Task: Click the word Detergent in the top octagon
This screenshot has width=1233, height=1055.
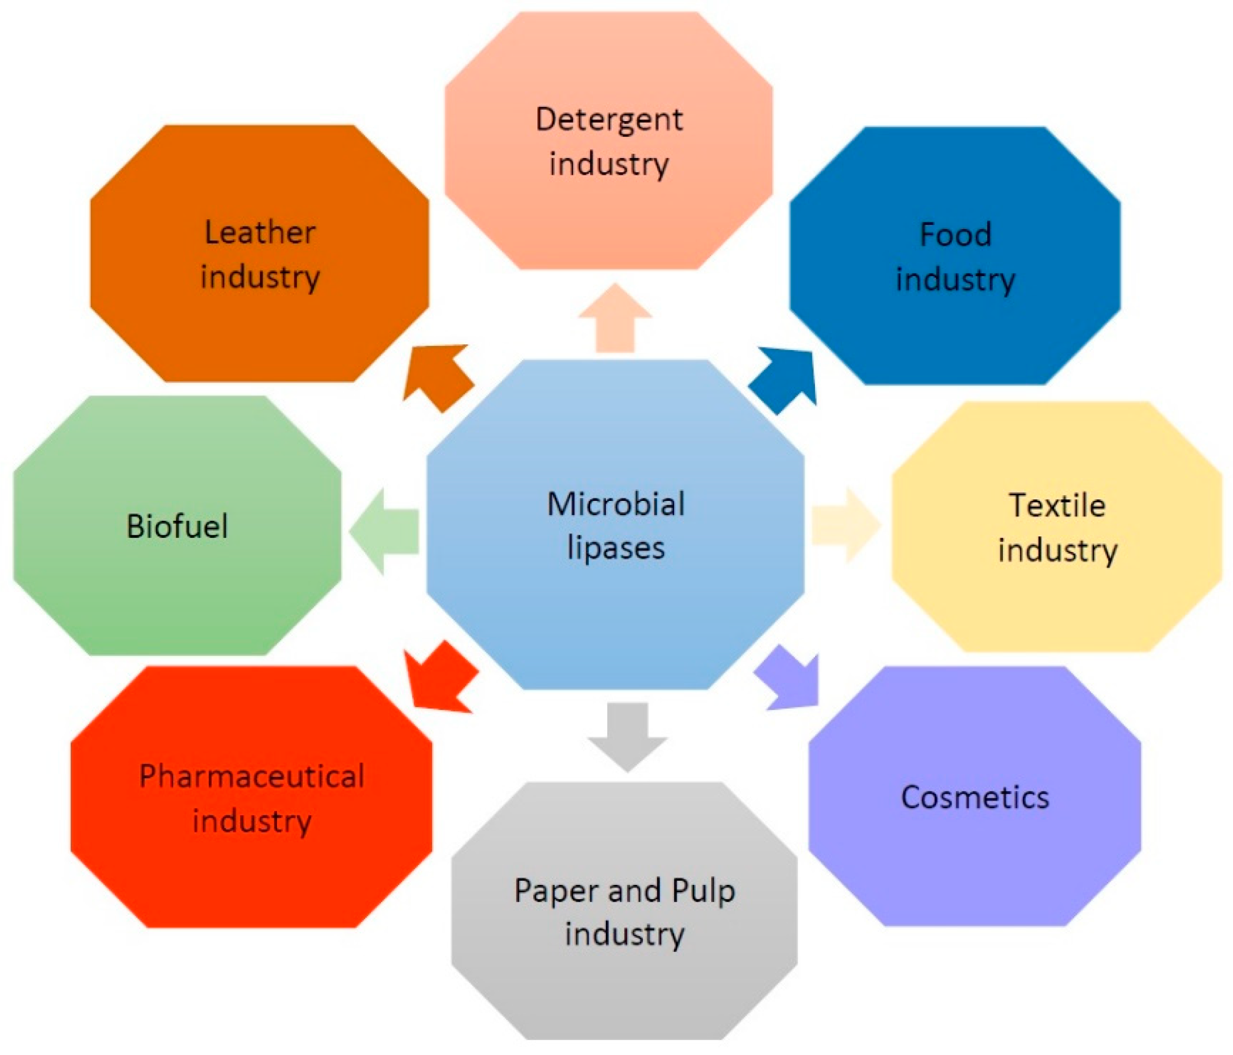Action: [609, 119]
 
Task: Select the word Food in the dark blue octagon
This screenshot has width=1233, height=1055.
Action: [956, 234]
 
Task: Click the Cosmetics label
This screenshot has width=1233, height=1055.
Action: [975, 797]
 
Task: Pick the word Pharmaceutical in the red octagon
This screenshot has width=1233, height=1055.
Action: [252, 776]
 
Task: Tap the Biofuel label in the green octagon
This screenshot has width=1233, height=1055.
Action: [177, 526]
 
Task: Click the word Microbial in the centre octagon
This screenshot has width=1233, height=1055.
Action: [616, 504]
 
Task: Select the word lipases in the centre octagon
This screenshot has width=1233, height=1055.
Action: [616, 547]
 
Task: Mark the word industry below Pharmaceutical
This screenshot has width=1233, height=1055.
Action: [252, 821]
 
